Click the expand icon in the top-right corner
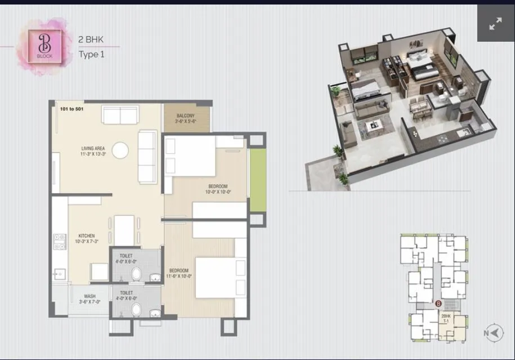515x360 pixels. (x=495, y=24)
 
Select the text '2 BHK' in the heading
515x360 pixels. (x=91, y=40)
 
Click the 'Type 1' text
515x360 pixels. (x=92, y=55)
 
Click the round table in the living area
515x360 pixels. (x=120, y=150)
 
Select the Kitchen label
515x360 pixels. (x=87, y=238)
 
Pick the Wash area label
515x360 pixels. (x=89, y=299)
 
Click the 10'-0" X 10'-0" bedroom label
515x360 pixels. (x=218, y=189)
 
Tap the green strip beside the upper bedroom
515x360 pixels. (x=257, y=181)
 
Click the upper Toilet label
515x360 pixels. (x=126, y=258)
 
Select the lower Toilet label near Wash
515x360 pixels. (x=126, y=295)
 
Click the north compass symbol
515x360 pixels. (x=494, y=333)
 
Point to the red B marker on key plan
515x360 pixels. (x=438, y=304)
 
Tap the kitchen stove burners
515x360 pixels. (x=59, y=242)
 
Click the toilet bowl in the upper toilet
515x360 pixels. (x=136, y=274)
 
